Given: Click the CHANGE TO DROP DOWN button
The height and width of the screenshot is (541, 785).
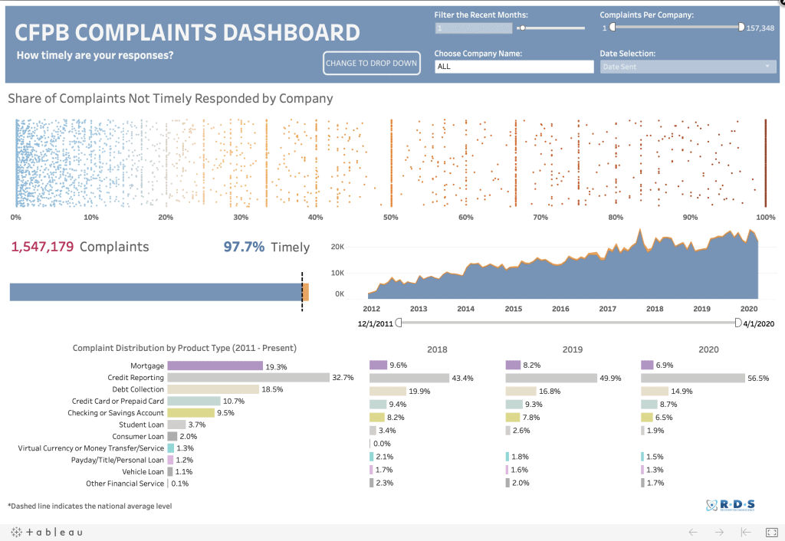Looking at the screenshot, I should coord(372,63).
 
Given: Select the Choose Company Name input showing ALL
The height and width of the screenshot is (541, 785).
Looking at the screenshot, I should coord(514,67).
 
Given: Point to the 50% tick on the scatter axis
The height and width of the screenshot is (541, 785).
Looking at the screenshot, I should coord(390,218).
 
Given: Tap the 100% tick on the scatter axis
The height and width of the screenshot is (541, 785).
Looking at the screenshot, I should coord(765,218).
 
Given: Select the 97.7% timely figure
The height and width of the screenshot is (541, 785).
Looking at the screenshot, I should coord(244,247).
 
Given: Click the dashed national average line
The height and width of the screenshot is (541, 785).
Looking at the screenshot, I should coord(301,292).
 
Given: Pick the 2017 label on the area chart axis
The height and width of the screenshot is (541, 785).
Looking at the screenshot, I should coord(607,309).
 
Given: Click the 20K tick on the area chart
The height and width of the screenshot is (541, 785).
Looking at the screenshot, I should coord(337,247).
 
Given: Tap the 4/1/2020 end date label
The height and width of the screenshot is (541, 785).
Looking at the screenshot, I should coord(759,324).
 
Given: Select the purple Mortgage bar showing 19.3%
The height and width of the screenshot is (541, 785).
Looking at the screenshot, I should coord(215,366).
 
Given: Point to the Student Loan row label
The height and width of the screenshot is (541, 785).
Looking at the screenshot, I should coord(141,425).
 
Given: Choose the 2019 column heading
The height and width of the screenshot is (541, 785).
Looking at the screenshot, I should coord(573,349).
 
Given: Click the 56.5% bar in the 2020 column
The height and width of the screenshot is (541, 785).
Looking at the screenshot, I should coord(692,378).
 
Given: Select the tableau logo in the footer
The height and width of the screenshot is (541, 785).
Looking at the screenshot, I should coord(47,532).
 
